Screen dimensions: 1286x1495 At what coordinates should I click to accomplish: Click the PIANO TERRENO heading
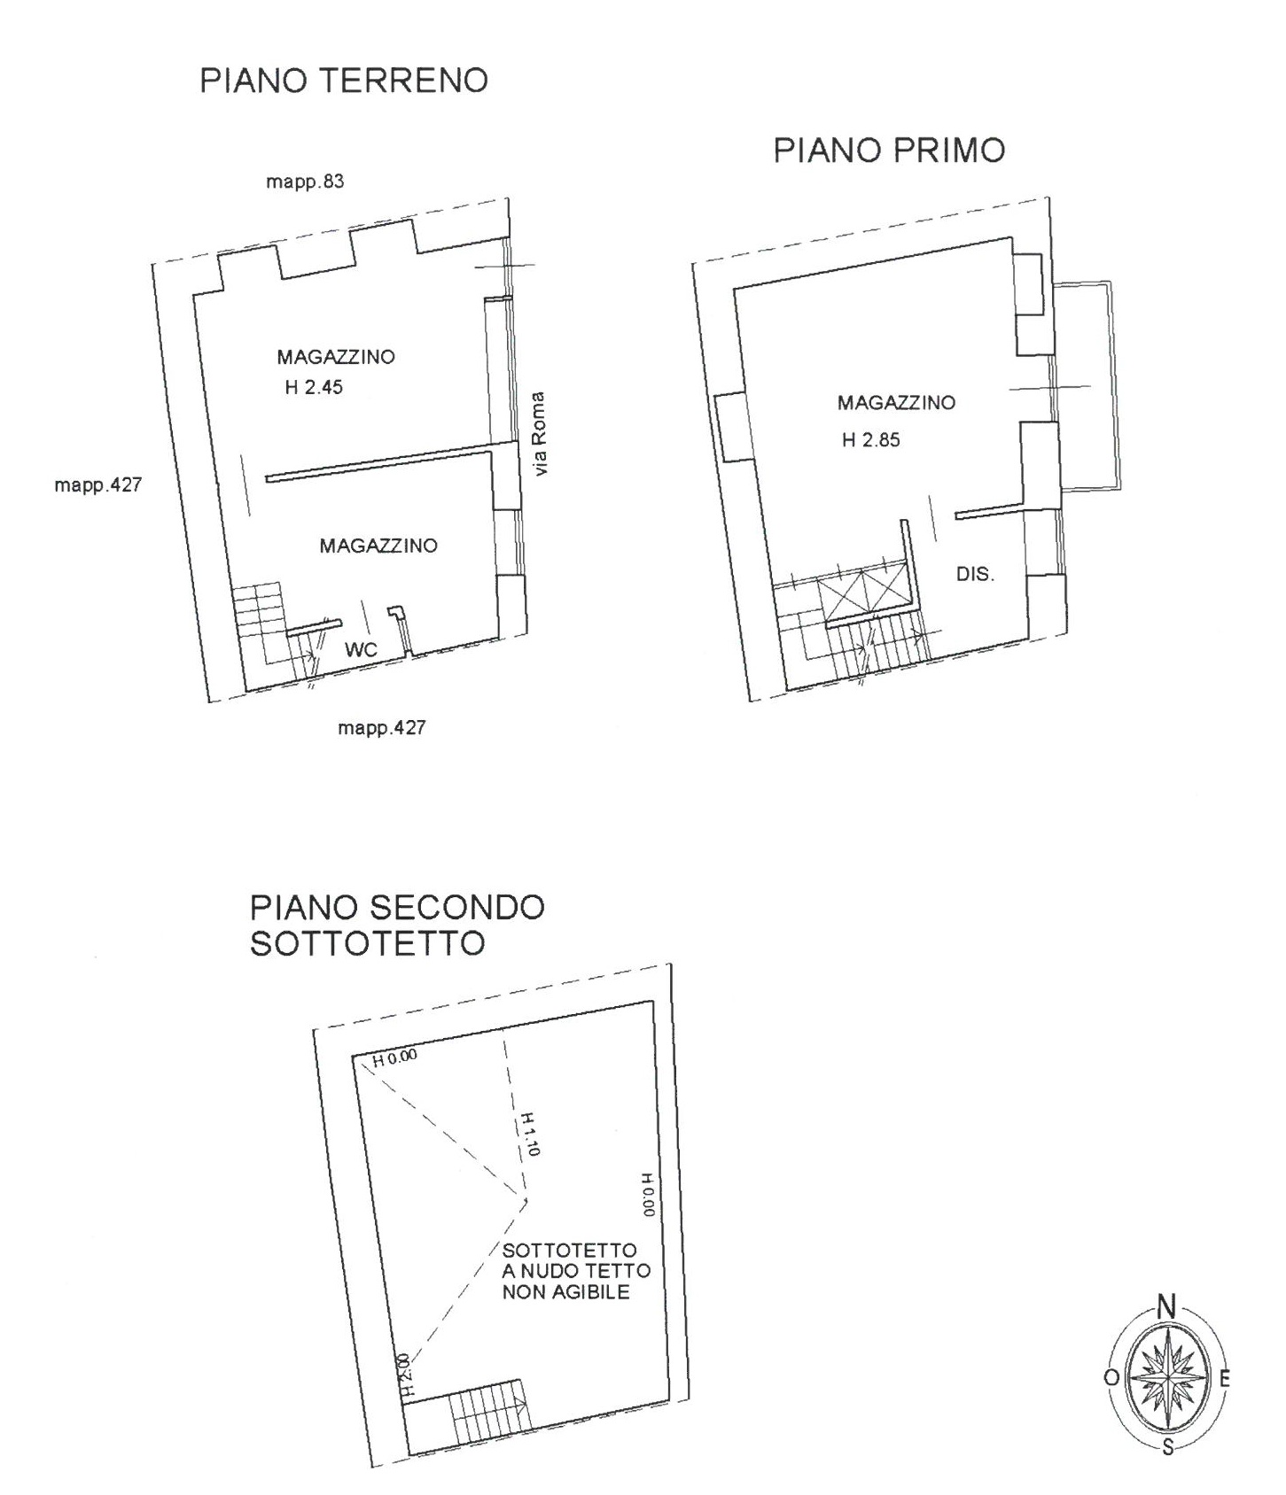coord(344,81)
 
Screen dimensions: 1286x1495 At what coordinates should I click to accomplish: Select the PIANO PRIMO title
coord(889,151)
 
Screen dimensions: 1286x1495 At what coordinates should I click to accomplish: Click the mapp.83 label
coord(305,182)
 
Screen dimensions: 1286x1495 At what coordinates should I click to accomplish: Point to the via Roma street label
coord(541,433)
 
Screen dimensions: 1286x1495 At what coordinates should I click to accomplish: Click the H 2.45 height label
coord(314,387)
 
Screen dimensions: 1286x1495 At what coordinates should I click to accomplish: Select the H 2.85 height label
coord(871,440)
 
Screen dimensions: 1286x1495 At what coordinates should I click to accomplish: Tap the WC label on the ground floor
coord(362,650)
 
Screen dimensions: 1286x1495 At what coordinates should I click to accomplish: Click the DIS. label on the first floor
coord(975,574)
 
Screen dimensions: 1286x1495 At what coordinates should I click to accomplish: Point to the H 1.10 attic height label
coord(528,1135)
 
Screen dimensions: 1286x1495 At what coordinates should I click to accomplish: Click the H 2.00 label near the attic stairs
coord(404,1375)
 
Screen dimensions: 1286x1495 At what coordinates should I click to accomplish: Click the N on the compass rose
coord(1167,1306)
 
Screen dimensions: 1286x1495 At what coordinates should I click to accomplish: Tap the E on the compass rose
coord(1225,1379)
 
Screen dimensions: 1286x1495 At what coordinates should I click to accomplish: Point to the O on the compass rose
coord(1111,1378)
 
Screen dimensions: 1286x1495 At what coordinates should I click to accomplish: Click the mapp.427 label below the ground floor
coord(381,728)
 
